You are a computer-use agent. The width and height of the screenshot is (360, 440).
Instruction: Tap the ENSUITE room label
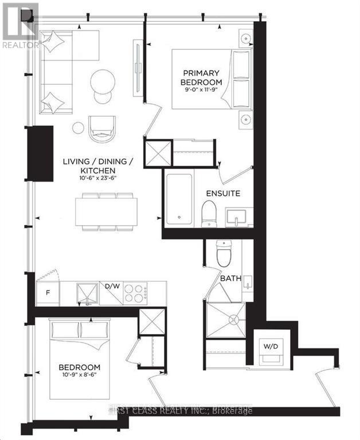(x=223, y=193)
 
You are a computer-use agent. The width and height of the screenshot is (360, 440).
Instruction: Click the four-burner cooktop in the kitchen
(x=136, y=293)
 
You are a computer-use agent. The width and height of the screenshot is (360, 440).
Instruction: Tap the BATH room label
(x=230, y=279)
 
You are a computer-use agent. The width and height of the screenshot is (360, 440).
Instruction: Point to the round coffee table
(x=103, y=81)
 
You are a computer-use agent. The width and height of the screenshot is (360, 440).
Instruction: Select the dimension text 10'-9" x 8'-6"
(x=79, y=376)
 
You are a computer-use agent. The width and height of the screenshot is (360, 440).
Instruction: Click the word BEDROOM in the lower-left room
(x=79, y=367)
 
